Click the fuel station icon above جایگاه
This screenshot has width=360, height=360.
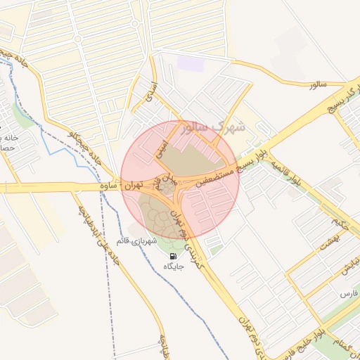pyautogui.click(x=173, y=256)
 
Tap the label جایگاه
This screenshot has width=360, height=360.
pyautogui.click(x=173, y=266)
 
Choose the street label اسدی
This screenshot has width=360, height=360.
pyautogui.click(x=149, y=89)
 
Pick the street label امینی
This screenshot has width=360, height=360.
pyautogui.click(x=161, y=148)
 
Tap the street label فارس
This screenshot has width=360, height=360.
pyautogui.click(x=346, y=292)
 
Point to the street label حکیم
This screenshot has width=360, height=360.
pyautogui.click(x=342, y=224)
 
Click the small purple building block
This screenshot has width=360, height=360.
pyautogui.click(x=190, y=64)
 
